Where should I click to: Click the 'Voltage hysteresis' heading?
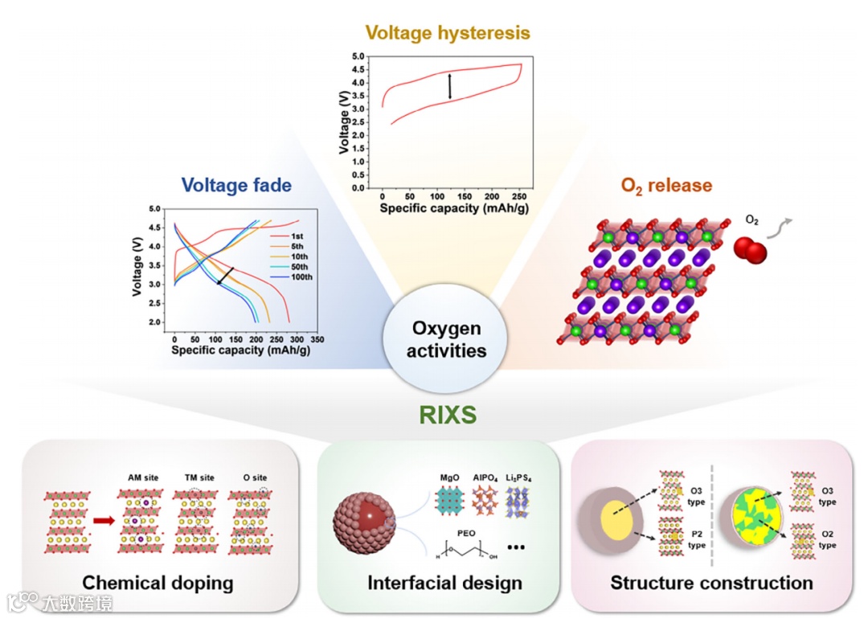(448, 33)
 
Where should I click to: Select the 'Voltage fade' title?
(236, 185)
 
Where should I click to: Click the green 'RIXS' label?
(448, 415)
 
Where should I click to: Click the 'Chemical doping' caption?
(158, 583)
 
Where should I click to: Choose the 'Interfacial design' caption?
(444, 583)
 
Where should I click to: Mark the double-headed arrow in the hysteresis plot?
(450, 86)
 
